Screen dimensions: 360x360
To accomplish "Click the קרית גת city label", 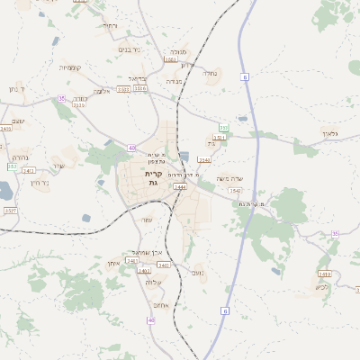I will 153,178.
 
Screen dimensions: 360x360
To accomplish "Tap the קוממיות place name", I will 71,67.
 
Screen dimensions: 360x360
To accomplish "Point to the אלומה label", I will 102,91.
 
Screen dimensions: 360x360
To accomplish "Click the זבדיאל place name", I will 136,78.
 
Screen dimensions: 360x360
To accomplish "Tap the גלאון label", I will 328,133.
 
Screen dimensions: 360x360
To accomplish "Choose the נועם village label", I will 198,273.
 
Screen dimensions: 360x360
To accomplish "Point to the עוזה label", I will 147,220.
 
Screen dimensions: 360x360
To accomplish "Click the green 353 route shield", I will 223,129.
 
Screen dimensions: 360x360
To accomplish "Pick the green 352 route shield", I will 12,166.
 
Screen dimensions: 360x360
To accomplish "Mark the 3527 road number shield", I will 10,211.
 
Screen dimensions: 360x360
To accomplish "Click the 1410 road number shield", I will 324,274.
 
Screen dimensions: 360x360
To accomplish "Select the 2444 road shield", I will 180,187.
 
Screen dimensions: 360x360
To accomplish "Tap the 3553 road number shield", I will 218,138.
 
